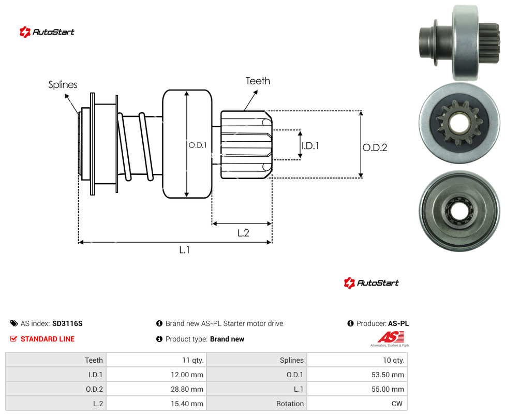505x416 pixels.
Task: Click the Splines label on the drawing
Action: pos(63,85)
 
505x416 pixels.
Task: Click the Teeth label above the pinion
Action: pos(258,81)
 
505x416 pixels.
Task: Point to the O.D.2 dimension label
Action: pos(375,147)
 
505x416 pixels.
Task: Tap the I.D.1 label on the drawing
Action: pos(310,146)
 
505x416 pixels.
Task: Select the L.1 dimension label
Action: pos(185,249)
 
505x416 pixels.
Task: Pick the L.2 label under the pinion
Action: pos(243,233)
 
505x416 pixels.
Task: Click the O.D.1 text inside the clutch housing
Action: pos(198,145)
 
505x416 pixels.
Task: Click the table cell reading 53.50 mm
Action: pos(388,375)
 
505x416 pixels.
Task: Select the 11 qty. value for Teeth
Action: pos(192,360)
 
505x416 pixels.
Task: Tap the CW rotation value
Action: pos(397,404)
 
